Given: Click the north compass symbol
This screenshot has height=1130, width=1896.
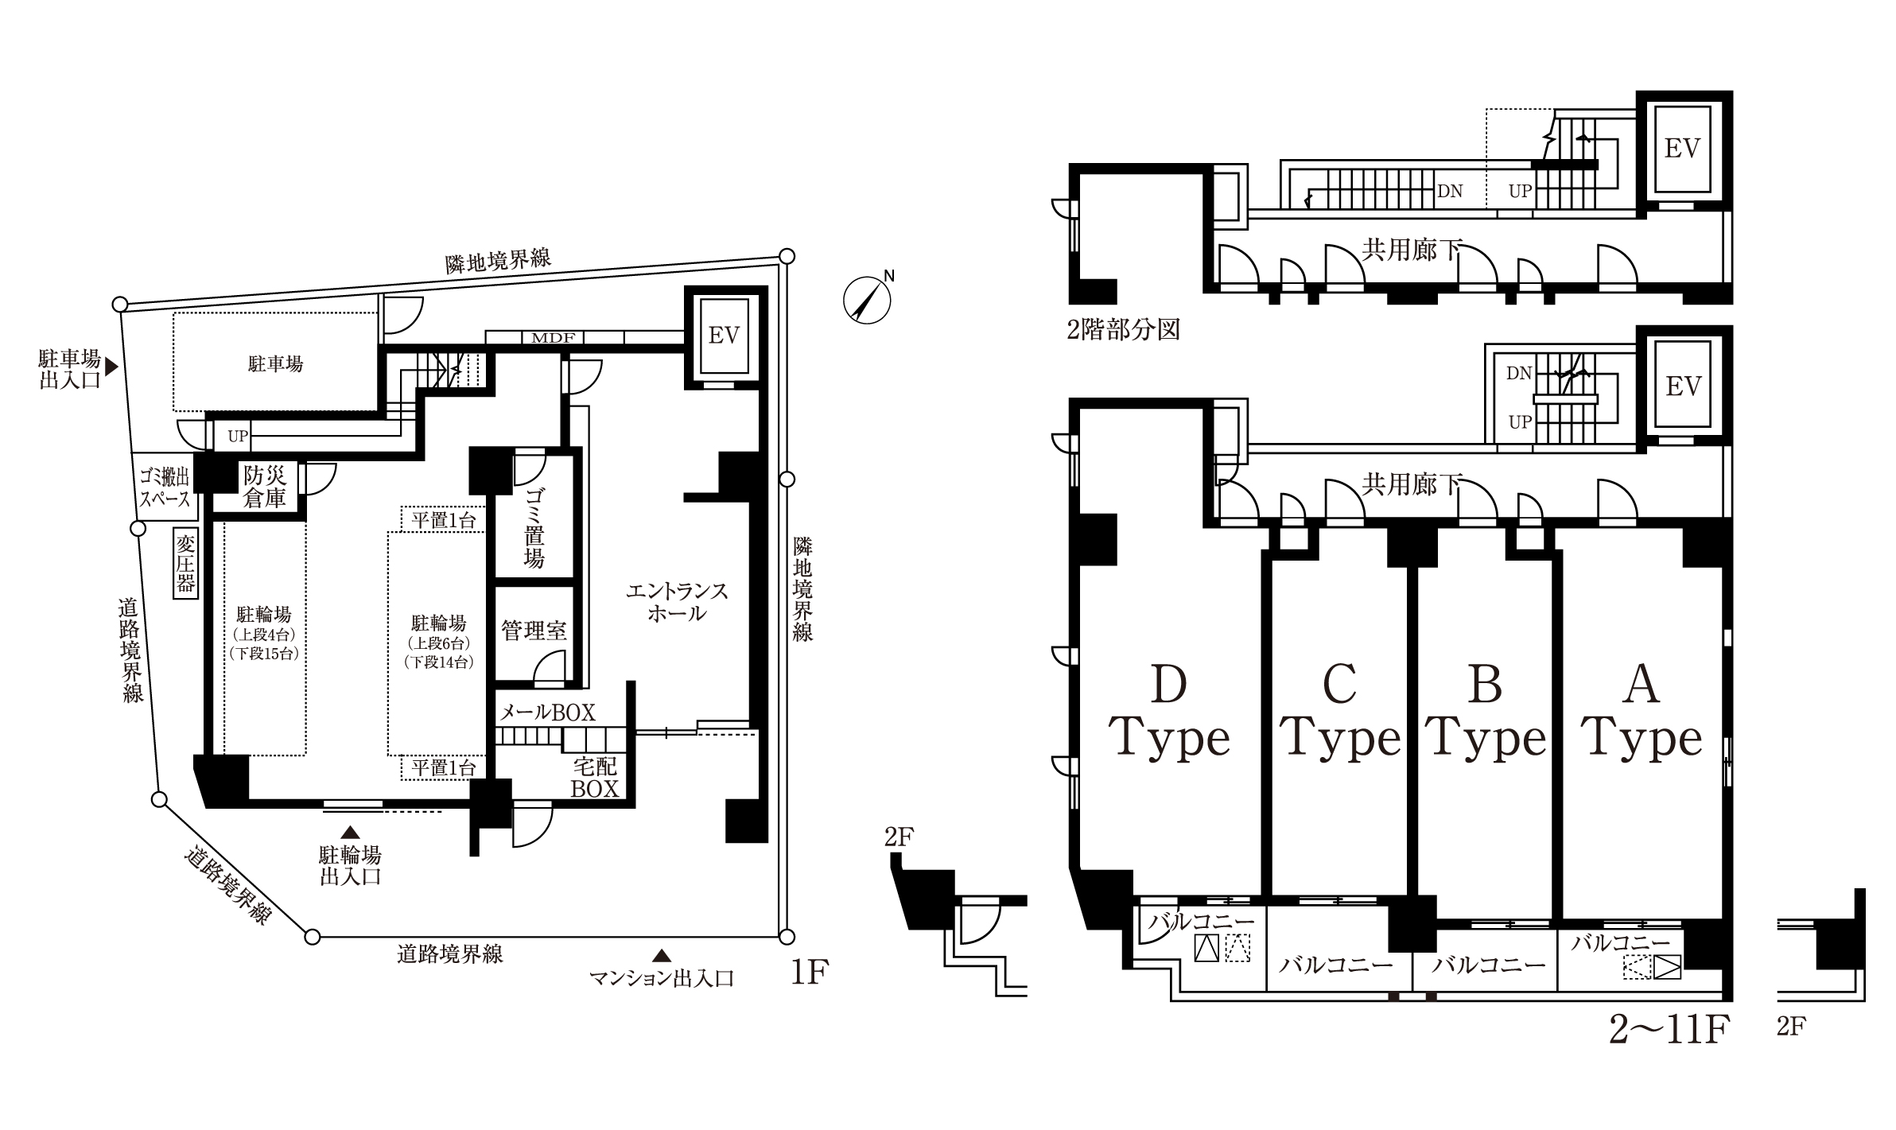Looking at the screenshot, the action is pos(867,300).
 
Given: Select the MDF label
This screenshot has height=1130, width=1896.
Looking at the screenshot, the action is pos(553,337).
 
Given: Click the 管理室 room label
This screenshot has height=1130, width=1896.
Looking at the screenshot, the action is pos(534,631).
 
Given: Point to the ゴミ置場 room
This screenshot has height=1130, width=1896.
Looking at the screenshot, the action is pos(534,516).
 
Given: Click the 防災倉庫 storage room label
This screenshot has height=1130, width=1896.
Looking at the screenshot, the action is pos(264,487).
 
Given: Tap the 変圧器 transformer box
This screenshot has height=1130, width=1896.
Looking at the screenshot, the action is pos(185,565).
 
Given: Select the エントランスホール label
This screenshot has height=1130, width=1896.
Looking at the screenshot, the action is pos(677,602).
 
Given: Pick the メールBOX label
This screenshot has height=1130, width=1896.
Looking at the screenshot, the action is pos(547,713).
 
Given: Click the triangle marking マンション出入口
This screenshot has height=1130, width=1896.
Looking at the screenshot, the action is pos(661,954).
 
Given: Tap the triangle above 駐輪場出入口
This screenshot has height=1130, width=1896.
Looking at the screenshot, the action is pos(349,833).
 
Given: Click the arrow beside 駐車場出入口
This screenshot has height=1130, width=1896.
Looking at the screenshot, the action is pos(112,367).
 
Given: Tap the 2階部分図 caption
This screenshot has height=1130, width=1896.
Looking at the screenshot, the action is pos(1123,329).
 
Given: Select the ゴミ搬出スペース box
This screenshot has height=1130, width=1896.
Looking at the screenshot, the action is pos(164,487).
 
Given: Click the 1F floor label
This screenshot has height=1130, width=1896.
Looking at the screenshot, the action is pos(810,973).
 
